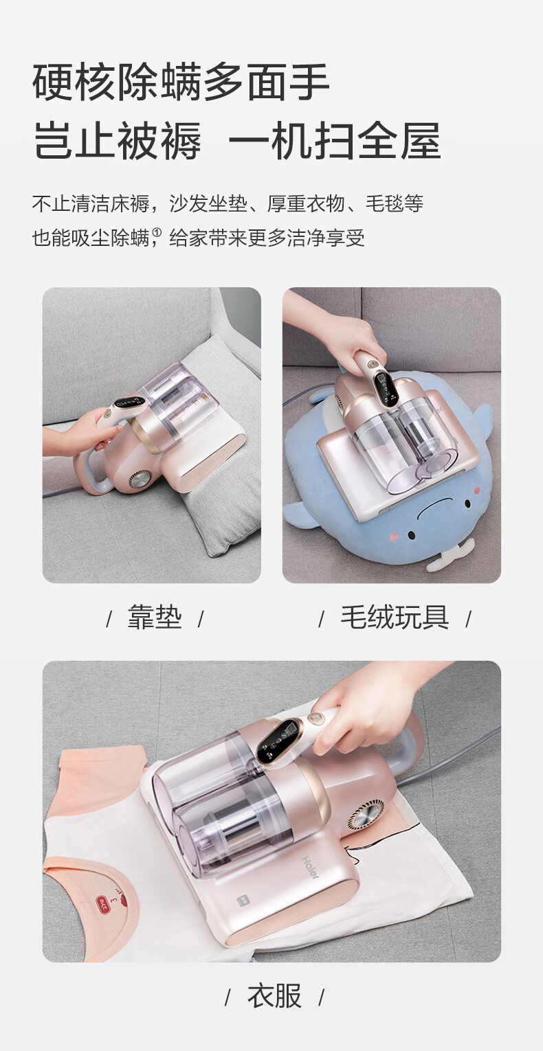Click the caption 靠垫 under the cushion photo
click(155, 617)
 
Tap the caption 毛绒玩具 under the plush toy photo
click(395, 617)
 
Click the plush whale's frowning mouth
click(434, 510)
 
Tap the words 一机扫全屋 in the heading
click(334, 140)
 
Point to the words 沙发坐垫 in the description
click(208, 203)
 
